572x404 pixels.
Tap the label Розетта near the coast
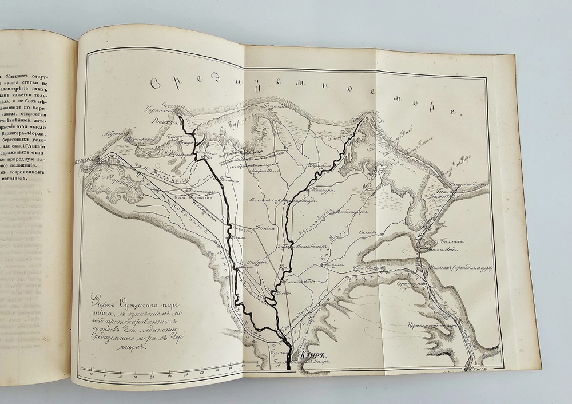(157, 121)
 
